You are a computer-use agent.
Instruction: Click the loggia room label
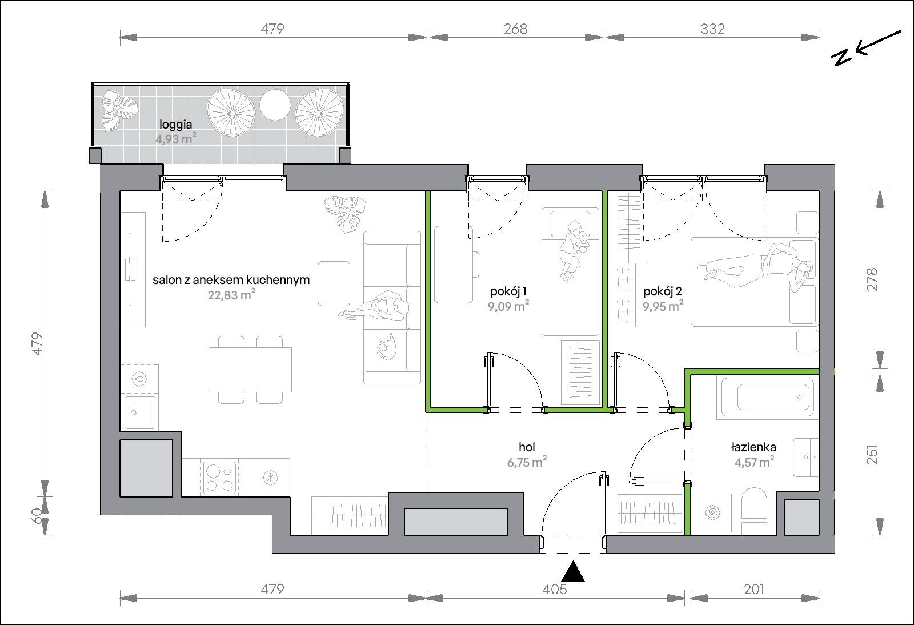tap(175, 125)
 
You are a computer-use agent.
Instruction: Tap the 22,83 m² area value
tap(231, 294)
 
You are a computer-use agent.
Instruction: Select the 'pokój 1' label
tap(508, 291)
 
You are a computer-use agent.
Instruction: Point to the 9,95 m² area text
tap(663, 306)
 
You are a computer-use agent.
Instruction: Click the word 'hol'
tap(527, 447)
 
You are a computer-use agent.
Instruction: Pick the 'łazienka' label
tap(753, 447)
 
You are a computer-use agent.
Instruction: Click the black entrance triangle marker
tap(573, 571)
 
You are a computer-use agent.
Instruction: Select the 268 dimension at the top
tap(515, 29)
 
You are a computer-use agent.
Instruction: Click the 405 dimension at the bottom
tap(555, 589)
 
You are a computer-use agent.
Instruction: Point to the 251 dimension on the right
tap(872, 454)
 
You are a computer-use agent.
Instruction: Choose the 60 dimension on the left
tap(37, 516)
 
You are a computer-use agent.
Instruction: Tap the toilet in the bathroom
tap(753, 511)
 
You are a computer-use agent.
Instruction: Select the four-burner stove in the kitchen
tap(220, 477)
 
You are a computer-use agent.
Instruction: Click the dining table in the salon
tap(250, 370)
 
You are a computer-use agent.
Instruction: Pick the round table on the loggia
tap(275, 105)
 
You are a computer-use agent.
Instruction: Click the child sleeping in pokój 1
tap(573, 250)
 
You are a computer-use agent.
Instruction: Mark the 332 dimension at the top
tap(712, 29)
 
